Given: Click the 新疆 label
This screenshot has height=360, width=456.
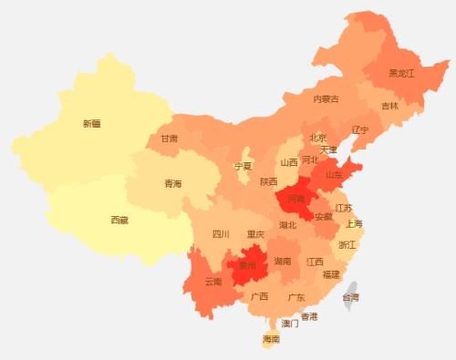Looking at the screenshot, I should coord(91,123).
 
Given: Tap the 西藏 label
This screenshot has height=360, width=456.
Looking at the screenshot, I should coord(119,220).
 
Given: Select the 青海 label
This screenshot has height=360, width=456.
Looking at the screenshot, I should coord(172,184).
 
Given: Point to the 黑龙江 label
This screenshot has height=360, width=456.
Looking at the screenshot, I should coord(401,73).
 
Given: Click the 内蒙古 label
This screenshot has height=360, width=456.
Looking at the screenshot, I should coord(326,98).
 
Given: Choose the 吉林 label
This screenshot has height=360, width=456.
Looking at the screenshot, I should coord(389,106).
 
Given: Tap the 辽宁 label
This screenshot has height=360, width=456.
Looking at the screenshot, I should coord(360,129).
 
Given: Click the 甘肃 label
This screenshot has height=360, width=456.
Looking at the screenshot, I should coord(170,139).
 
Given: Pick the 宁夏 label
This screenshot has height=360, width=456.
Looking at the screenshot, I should coord(243,167).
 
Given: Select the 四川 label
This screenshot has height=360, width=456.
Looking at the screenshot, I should coord(221,234).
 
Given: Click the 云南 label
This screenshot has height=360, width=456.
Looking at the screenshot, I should coord(213,282).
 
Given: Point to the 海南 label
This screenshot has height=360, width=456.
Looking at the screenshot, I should coord(271,339).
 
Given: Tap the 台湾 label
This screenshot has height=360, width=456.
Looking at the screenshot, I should coord(350,297).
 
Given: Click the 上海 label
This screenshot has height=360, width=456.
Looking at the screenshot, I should coord(355,224).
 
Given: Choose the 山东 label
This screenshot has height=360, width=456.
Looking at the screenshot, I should coord(335,174).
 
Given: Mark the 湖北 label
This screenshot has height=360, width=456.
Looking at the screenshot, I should coord(287,224).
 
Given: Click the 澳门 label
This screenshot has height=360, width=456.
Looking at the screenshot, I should coord(290,323).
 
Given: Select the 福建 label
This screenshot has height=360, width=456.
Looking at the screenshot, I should coord(331,273).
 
